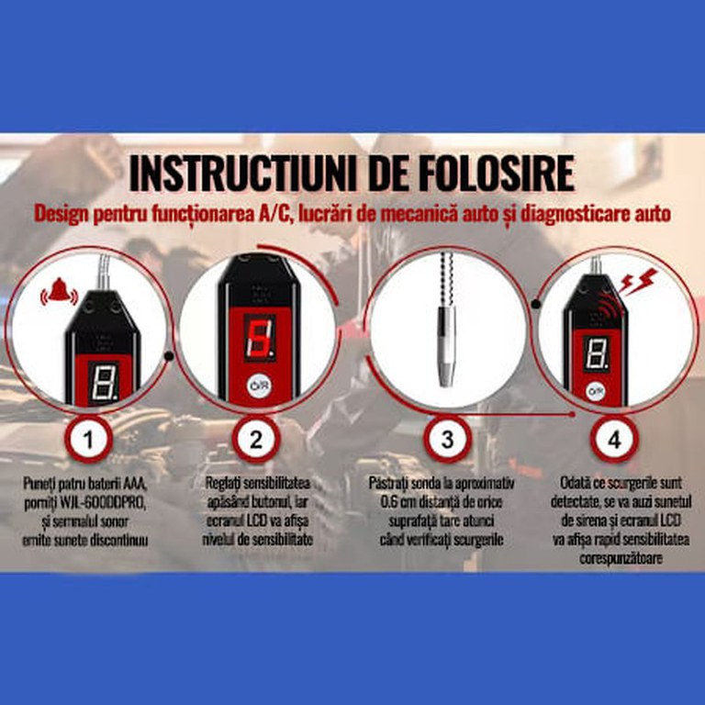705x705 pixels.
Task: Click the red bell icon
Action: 59,291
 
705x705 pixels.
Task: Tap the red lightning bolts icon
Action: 638,281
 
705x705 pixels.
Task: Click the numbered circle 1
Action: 88,440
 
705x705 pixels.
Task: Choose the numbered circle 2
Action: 256,440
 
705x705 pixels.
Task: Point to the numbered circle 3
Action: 447,440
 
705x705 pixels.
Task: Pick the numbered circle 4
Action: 614,440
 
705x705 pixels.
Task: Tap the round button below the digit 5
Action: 260,386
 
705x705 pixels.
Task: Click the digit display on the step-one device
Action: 104,382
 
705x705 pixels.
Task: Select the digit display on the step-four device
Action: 596,353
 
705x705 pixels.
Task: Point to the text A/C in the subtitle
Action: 276,214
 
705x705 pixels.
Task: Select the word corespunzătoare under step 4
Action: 621,559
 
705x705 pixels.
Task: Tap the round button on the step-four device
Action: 597,391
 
